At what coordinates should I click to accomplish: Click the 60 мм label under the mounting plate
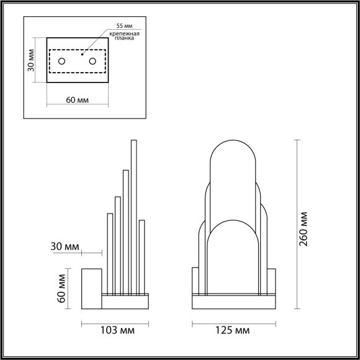point(78,101)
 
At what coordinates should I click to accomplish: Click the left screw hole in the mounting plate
point(61,61)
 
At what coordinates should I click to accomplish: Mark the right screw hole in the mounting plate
point(92,61)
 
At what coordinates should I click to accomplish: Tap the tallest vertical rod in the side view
point(133,217)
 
